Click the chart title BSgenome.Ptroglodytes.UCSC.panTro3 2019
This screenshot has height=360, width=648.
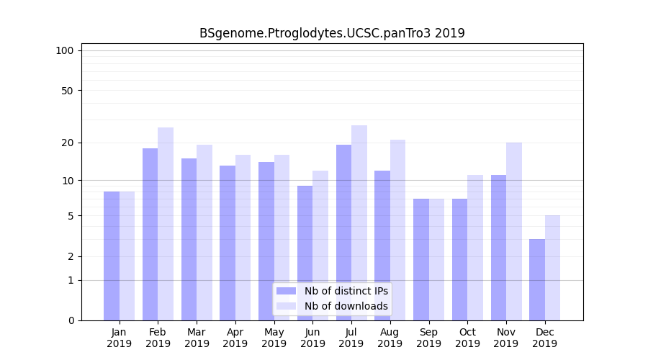click(x=332, y=33)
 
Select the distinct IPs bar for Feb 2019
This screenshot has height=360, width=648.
click(x=150, y=234)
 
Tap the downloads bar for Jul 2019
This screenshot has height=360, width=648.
click(x=359, y=222)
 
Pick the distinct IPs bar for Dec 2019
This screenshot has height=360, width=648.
click(x=537, y=279)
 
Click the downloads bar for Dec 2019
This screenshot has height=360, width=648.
click(x=552, y=268)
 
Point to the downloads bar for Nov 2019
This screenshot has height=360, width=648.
click(x=514, y=231)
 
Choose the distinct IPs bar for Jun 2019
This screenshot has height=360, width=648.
click(x=305, y=253)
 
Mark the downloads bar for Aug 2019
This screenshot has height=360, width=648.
click(x=398, y=230)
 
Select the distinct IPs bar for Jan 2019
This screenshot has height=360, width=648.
click(x=112, y=256)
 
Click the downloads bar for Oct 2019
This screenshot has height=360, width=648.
click(x=475, y=248)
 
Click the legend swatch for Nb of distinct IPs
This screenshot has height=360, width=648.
click(x=286, y=291)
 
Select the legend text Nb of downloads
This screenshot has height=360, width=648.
click(x=346, y=306)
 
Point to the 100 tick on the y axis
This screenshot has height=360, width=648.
click(x=65, y=50)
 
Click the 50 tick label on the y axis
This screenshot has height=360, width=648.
click(x=68, y=91)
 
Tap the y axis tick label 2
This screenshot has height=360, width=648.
click(x=71, y=256)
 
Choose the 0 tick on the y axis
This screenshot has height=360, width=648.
click(x=71, y=320)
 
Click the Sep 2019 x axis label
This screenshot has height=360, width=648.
click(x=428, y=338)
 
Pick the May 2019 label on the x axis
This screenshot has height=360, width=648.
click(x=274, y=338)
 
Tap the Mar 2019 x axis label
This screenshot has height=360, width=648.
click(x=197, y=338)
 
